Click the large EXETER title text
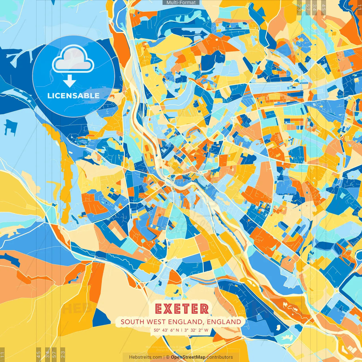pos(182,309)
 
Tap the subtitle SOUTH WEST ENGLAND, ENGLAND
pos(181,322)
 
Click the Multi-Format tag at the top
pos(181,3)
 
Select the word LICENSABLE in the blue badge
pos(73,96)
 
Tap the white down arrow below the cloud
pos(70,81)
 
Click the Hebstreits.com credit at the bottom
pos(145,357)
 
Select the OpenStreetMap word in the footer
pos(188,357)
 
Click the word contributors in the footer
pos(220,357)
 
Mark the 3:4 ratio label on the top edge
pos(314,7)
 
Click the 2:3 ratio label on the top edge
pos(299,7)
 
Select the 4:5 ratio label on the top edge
pos(324,7)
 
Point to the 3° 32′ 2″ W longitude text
pos(196,330)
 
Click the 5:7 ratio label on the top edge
pos(308,7)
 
